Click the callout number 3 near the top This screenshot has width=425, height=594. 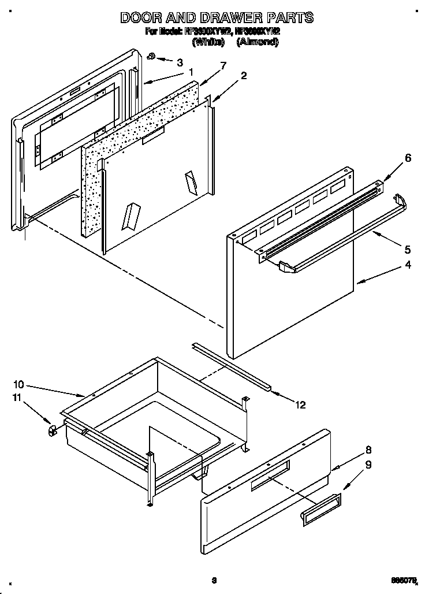[x=180, y=62]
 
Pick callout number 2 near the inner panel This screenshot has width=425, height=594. [x=244, y=76]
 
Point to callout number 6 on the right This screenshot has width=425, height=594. [x=408, y=158]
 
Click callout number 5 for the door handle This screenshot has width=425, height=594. [x=408, y=250]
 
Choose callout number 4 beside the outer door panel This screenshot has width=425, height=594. [x=408, y=265]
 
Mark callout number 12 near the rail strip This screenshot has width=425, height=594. [x=300, y=404]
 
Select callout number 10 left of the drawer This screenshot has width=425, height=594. [x=18, y=384]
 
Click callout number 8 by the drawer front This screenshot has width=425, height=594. [x=368, y=451]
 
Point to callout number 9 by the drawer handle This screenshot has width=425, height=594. [x=368, y=463]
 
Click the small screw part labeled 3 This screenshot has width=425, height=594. [x=150, y=56]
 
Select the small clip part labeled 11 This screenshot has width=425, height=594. [x=52, y=430]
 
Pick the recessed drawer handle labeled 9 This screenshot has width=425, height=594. [x=320, y=510]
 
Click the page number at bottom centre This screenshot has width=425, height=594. [x=214, y=580]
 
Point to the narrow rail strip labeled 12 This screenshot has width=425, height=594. [x=231, y=365]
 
